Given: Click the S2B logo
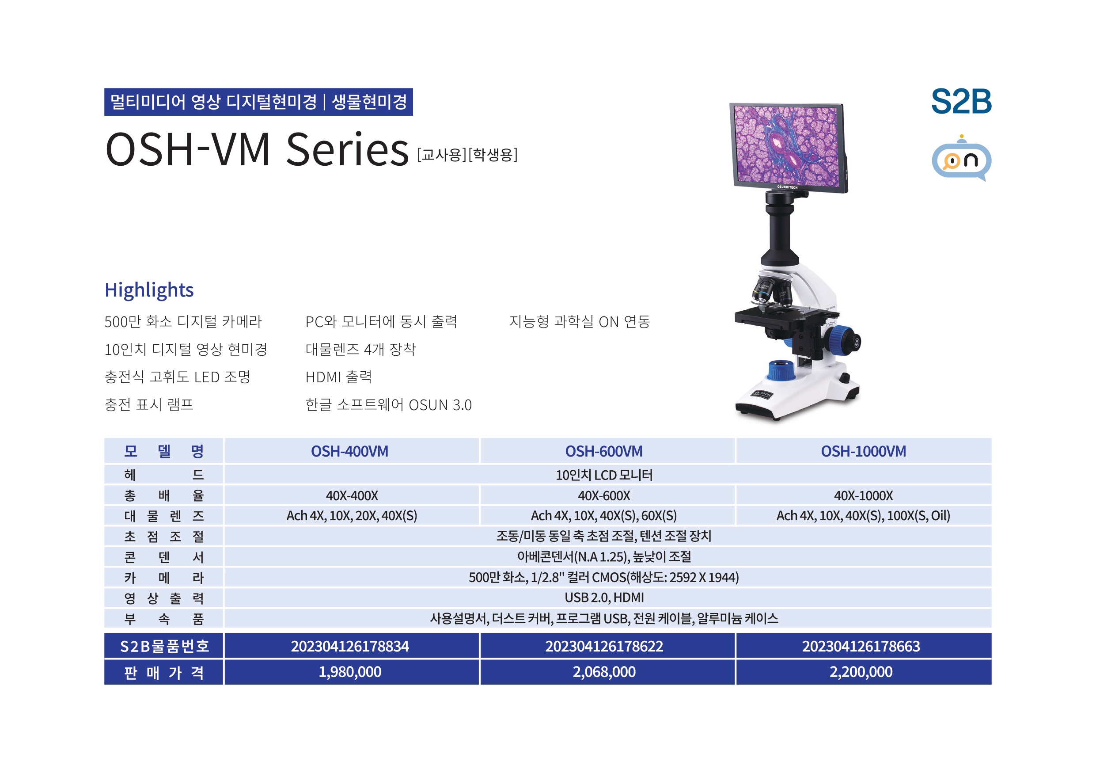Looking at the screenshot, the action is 961,101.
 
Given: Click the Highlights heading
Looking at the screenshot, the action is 149,290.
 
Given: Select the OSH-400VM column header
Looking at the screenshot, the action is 349,451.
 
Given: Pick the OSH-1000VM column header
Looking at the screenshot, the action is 863,451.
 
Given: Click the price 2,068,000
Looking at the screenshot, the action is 604,672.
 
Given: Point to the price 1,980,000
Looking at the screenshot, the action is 350,672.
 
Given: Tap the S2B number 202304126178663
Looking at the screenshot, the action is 861,646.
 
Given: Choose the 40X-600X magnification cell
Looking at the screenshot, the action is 604,495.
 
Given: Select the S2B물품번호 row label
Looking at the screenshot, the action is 164,646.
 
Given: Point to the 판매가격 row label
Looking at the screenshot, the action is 164,672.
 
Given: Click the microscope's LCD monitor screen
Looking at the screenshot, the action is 787,145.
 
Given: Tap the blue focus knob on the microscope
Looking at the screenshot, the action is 843,340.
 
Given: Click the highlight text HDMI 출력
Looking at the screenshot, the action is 338,377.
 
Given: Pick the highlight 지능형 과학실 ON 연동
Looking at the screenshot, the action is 580,322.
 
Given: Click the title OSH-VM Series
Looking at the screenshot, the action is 257,149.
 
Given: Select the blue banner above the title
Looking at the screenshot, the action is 258,102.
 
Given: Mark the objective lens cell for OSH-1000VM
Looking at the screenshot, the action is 863,516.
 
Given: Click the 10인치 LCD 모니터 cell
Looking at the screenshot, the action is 604,475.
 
